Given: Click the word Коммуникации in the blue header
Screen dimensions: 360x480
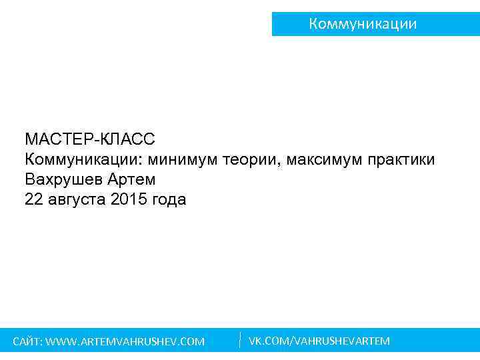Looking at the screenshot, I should click(363, 24).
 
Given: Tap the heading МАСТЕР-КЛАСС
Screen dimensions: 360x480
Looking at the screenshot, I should click(89, 140).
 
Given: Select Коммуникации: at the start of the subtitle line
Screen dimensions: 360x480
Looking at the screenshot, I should click(84, 160).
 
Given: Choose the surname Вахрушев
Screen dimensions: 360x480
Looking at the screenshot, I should click(64, 180).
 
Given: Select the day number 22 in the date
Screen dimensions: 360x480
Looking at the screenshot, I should click(33, 200).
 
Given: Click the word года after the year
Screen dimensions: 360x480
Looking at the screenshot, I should click(170, 200).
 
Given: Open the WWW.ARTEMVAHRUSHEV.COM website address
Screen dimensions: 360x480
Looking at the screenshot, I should click(126, 342).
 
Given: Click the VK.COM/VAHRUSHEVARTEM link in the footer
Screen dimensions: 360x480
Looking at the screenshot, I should click(319, 341).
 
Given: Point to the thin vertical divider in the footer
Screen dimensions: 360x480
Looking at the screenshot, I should click(239, 339).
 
